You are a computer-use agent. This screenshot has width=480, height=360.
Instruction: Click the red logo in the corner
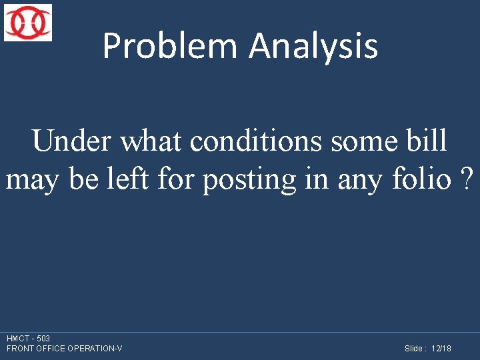pyautogui.click(x=28, y=23)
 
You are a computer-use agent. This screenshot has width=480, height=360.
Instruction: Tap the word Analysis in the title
pyautogui.click(x=313, y=47)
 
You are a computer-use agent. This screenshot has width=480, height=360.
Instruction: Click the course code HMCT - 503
pyautogui.click(x=28, y=339)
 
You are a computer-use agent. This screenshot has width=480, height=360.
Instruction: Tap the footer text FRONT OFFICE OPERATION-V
pyautogui.click(x=64, y=349)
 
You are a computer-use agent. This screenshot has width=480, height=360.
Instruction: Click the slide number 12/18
pyautogui.click(x=441, y=349)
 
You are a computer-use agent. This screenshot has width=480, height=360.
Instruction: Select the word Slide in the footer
pyautogui.click(x=415, y=349)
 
